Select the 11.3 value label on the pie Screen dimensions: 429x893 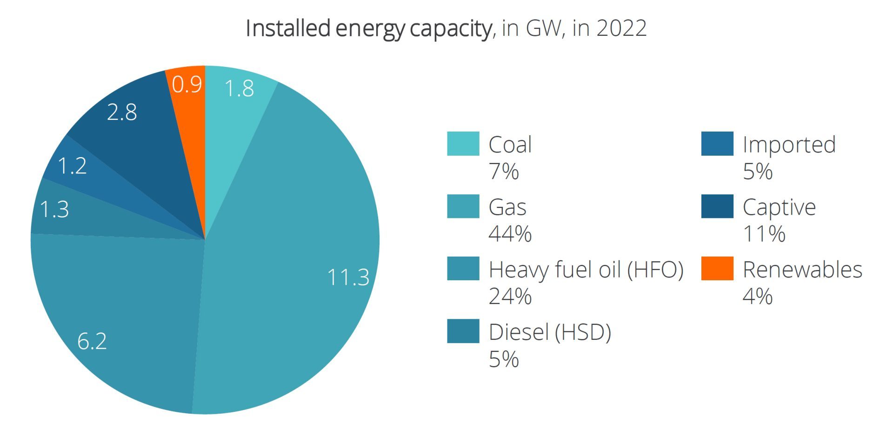coord(348,277)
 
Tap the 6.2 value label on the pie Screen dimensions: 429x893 coord(92,341)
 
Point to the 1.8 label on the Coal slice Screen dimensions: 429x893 coord(239,88)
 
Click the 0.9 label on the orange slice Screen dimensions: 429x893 coord(187,85)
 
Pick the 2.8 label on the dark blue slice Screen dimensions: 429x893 coord(122,112)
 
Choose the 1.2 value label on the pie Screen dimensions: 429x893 coord(72,166)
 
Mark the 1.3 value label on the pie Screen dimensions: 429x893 coord(54,209)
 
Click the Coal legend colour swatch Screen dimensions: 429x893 coord(463,144)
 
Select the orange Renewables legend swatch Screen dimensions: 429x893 coord(717,268)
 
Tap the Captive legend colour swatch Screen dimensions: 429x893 coord(717,206)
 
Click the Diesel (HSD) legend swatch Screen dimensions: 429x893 coord(463,331)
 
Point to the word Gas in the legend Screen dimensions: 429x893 coord(507,207)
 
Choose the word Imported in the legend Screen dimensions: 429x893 coord(789,145)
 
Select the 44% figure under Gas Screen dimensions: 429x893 coord(510,233)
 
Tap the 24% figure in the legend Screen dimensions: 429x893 coord(510,296)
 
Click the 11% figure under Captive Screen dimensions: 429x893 coord(764,233)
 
